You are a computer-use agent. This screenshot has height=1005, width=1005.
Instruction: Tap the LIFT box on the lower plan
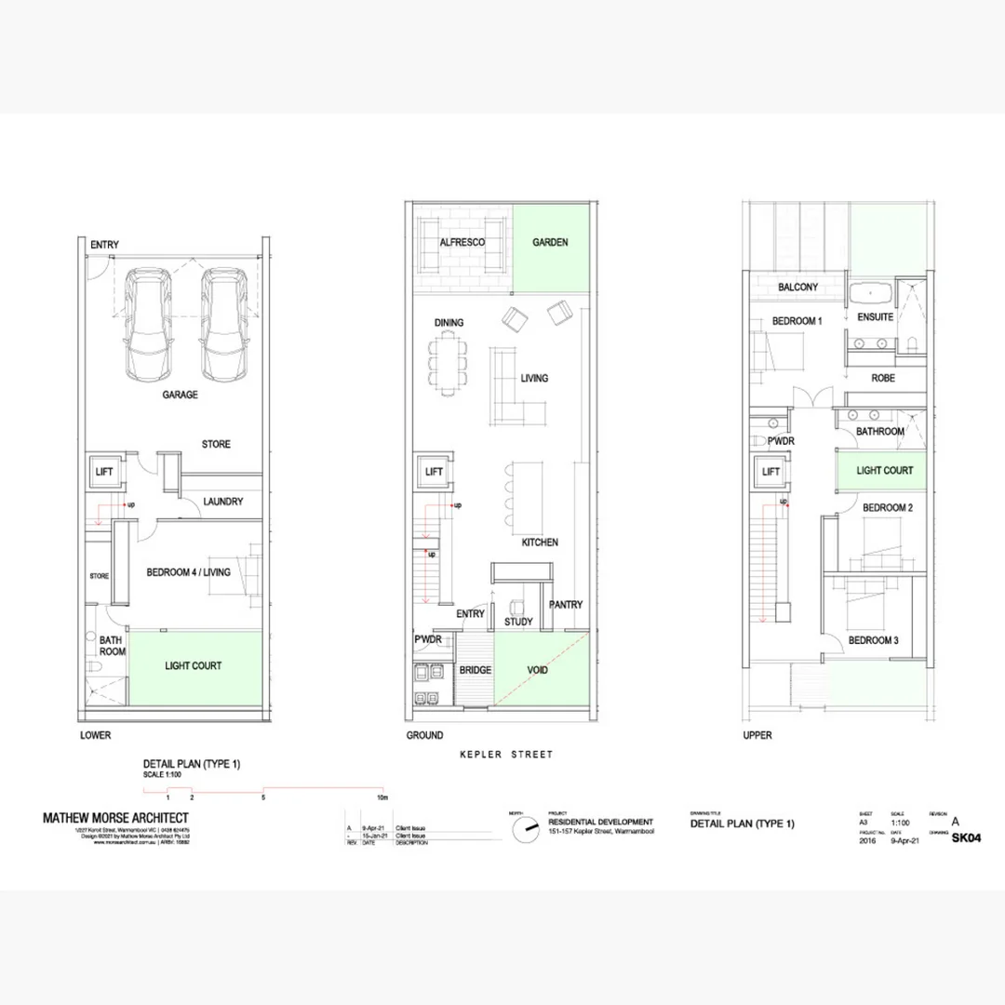104,472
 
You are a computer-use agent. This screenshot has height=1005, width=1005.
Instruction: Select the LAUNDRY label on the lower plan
223,502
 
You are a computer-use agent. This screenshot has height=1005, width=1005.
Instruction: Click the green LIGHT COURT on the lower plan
194,666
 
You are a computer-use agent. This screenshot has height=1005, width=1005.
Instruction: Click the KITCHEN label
540,542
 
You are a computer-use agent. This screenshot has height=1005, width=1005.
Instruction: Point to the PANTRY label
566,605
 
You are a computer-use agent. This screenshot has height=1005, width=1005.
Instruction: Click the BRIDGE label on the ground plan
475,670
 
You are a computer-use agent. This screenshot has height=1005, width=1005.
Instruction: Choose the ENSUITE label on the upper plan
875,317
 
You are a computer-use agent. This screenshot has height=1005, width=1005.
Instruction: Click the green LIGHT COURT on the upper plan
884,471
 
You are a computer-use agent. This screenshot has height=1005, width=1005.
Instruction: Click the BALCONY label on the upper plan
797,288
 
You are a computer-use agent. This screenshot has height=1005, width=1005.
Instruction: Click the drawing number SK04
967,837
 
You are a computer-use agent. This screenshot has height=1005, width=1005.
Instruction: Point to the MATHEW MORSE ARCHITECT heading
115,818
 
